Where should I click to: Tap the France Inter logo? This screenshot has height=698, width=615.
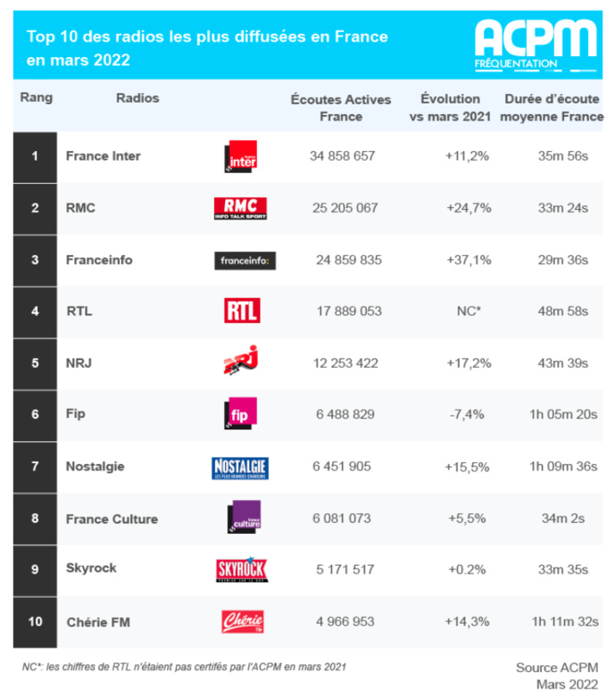240,156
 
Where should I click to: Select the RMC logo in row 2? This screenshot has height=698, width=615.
240,208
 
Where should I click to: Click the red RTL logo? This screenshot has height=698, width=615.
241,311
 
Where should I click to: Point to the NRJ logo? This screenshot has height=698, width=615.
240,361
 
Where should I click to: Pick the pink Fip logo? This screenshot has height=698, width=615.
241,413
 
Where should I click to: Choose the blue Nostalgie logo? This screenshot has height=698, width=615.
240,467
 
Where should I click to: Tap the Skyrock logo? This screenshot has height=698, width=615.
240,569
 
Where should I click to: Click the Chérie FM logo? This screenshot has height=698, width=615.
241,621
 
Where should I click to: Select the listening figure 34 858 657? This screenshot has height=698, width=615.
342,156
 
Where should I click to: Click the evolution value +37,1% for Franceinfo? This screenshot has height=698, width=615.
468,260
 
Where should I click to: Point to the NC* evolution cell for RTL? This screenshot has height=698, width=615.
468,312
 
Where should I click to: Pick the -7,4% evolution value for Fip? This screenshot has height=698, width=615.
468,415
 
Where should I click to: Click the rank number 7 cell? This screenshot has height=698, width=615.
35,466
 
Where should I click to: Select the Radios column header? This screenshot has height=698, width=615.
137,98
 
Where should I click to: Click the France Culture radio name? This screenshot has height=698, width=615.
112,519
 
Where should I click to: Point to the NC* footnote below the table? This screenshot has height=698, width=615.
184,666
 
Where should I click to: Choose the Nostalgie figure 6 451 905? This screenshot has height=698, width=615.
342,466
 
